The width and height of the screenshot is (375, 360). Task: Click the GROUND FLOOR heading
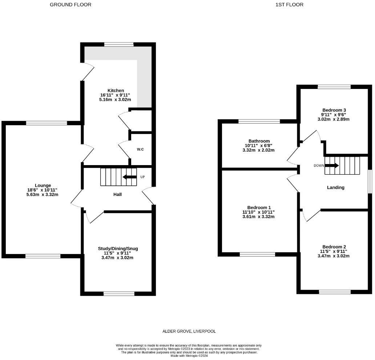tap(70, 5)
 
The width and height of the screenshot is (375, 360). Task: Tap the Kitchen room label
tap(116, 90)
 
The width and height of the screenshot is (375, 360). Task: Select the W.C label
tap(140, 150)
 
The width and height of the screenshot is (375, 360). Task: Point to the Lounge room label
tap(43, 185)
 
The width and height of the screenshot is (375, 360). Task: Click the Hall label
tap(117, 195)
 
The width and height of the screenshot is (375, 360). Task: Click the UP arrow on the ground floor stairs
tap(129, 177)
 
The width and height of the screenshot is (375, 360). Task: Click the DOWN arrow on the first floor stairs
tap(332, 165)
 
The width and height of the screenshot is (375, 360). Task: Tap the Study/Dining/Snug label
tap(118, 249)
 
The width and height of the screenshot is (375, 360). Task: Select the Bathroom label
tap(259, 141)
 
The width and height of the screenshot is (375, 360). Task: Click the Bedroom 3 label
tap(334, 110)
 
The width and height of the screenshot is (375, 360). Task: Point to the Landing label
tap(335, 188)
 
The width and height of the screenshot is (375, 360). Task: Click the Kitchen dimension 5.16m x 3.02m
tap(116, 99)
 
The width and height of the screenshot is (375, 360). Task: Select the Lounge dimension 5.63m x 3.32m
tap(43, 194)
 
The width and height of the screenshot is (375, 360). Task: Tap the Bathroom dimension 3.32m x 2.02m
tap(259, 150)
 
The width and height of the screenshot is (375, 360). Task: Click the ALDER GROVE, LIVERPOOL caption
tap(189, 331)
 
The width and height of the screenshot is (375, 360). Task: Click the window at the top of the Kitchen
tap(119, 45)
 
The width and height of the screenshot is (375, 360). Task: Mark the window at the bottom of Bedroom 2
tap(335, 291)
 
